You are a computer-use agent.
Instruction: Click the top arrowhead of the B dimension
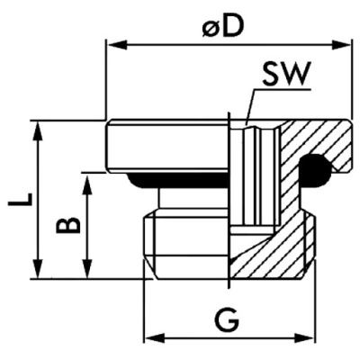pyautogui.click(x=86, y=178)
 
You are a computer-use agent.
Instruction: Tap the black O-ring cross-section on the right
pyautogui.click(x=317, y=168)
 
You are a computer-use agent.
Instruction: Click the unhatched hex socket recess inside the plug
pyautogui.click(x=256, y=171)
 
